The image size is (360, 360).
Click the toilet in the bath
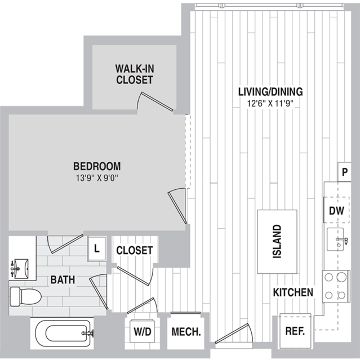[25, 296]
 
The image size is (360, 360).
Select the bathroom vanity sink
[20, 268]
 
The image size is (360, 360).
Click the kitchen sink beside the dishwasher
[336, 239]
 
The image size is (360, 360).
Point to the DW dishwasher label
[336, 211]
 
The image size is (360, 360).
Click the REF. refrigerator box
[295, 331]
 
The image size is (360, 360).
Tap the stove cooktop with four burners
[336, 286]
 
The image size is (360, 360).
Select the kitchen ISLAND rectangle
[277, 242]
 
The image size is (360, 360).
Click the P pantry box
[344, 172]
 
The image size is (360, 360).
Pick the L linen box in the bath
[97, 248]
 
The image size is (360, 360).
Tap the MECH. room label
[186, 332]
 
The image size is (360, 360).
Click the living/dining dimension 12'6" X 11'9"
[270, 103]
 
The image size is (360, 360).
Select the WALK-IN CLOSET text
[135, 74]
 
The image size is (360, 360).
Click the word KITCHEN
[293, 292]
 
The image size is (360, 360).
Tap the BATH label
[63, 279]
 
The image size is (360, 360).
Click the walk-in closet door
[157, 102]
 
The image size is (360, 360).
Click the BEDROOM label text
[97, 166]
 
